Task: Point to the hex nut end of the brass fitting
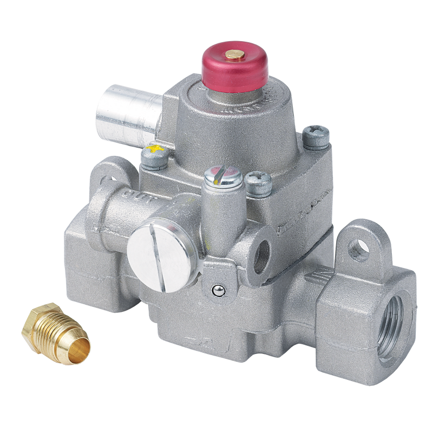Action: [34, 323]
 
